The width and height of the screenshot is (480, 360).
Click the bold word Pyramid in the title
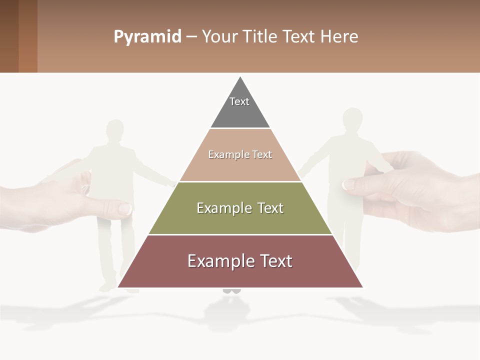tap(147, 37)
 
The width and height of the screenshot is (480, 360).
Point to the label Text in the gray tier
tap(239, 101)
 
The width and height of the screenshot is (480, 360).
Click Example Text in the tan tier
tap(240, 154)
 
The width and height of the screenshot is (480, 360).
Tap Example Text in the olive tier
tap(240, 208)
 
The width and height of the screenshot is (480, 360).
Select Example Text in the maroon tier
tap(240, 261)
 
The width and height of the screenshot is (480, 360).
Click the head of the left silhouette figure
tap(115, 131)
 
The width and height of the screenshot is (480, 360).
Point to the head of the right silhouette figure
tap(352, 120)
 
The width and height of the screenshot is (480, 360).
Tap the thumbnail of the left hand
tap(124, 208)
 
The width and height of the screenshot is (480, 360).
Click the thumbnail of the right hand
tap(348, 184)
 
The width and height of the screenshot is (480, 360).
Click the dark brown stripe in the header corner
tap(9, 36)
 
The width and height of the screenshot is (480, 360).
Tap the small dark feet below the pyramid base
tap(231, 290)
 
